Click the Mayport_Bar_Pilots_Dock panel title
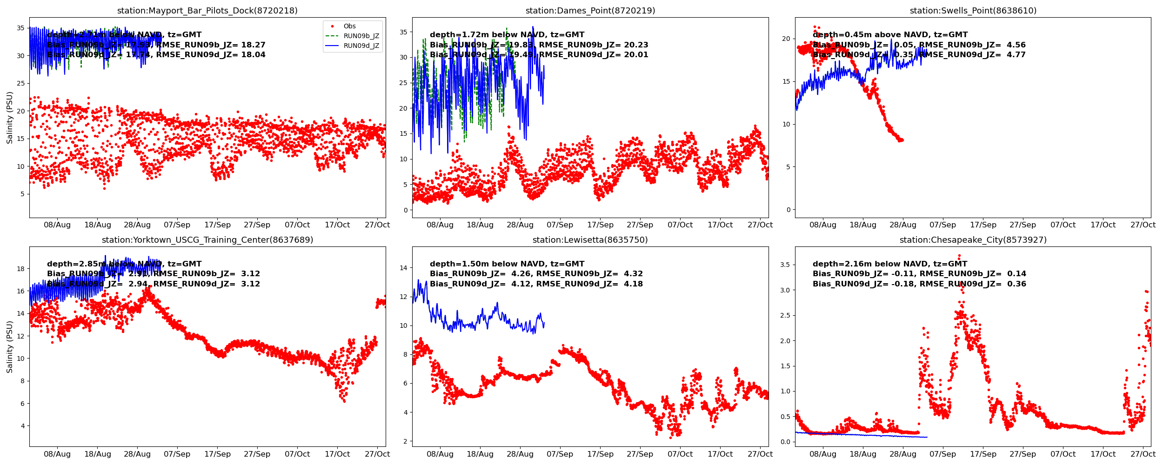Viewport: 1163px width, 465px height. pyautogui.click(x=207, y=11)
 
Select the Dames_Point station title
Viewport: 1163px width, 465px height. pyautogui.click(x=590, y=11)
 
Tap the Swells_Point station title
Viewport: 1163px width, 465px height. pyautogui.click(x=973, y=11)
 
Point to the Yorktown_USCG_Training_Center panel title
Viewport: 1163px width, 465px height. pyautogui.click(x=207, y=240)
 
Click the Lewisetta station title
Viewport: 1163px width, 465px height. pyautogui.click(x=590, y=240)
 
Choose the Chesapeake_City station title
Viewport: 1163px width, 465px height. pyautogui.click(x=973, y=240)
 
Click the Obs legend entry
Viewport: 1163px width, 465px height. pyautogui.click(x=349, y=27)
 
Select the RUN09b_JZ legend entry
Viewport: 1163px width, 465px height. pyautogui.click(x=361, y=36)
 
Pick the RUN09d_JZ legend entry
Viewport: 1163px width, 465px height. pyautogui.click(x=361, y=46)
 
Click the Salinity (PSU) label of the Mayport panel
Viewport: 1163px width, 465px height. pyautogui.click(x=10, y=118)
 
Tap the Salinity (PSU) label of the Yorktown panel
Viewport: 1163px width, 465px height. pyautogui.click(x=10, y=347)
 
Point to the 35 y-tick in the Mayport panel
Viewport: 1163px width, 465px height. pyautogui.click(x=20, y=28)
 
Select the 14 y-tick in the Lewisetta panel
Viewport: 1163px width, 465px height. pyautogui.click(x=403, y=268)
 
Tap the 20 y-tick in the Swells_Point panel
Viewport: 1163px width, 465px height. pyautogui.click(x=786, y=39)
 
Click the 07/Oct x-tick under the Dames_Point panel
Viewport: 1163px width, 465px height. pyautogui.click(x=680, y=225)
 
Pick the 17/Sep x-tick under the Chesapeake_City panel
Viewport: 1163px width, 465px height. pyautogui.click(x=983, y=454)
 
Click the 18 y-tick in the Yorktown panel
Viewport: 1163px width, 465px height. pyautogui.click(x=20, y=269)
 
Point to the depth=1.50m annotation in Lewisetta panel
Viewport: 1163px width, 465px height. pyautogui.click(x=507, y=264)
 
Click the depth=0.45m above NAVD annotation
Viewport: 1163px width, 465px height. pyautogui.click(x=890, y=35)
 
